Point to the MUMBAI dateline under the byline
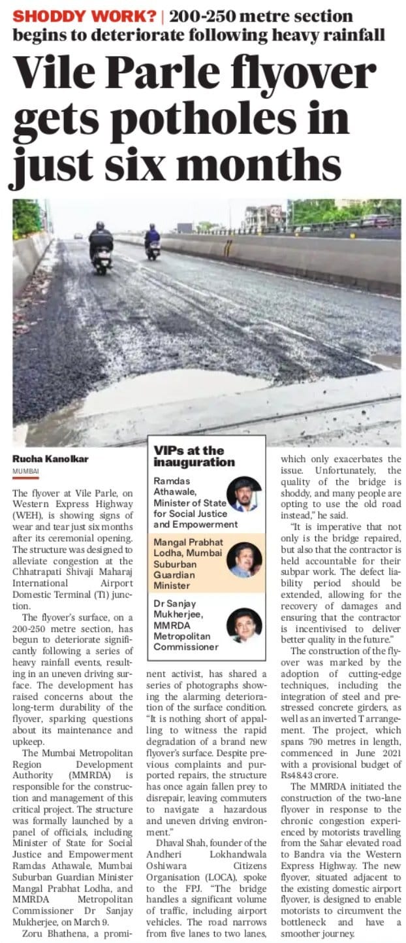point(25,471)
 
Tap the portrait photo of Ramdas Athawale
point(243,494)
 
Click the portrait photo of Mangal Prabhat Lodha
point(243,560)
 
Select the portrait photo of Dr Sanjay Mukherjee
point(243,624)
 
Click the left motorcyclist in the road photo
point(101,247)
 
